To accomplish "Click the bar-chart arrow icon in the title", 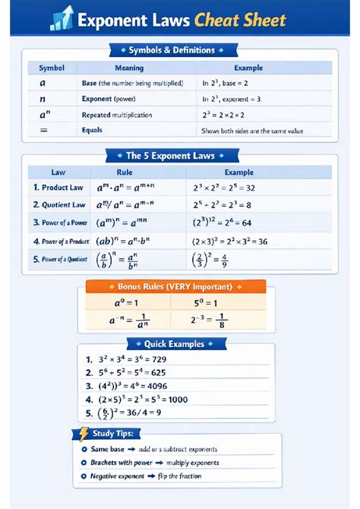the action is point(62,18).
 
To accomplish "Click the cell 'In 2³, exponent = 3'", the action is point(232,99).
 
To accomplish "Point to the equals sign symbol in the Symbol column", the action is point(43,130).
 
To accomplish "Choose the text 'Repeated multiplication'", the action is point(116,115).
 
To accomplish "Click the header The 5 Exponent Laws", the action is point(179,156).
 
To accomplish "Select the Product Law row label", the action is point(58,187).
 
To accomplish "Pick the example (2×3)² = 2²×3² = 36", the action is point(229,241).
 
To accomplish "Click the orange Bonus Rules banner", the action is point(175,287).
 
